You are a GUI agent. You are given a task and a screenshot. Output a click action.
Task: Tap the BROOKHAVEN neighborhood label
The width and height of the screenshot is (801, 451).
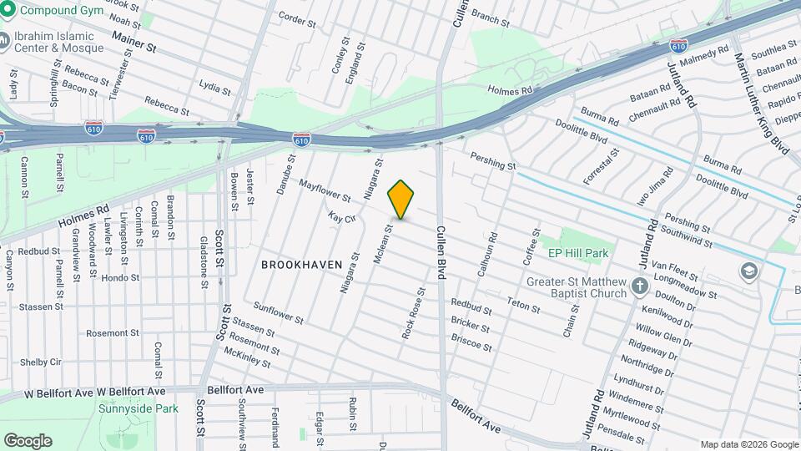click(302, 264)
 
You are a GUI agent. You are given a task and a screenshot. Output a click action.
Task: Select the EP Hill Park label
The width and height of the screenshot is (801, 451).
click(577, 253)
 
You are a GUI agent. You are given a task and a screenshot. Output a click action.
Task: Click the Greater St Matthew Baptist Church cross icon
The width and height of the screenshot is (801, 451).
click(640, 287)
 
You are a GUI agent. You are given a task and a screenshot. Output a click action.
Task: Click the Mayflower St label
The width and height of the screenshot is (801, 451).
click(325, 190)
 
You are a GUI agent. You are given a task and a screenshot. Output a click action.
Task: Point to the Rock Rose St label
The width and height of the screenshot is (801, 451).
click(413, 312)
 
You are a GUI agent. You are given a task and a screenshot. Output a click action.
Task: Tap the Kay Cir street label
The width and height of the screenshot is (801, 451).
click(342, 217)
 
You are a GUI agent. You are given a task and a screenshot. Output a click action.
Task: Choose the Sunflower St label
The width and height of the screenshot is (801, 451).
click(279, 314)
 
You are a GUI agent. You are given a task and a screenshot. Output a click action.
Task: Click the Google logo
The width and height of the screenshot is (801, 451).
click(28, 441)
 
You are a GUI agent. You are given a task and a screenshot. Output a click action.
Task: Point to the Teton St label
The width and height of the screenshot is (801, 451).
click(524, 306)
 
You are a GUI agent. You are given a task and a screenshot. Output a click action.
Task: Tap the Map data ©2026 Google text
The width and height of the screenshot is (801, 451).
click(748, 444)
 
